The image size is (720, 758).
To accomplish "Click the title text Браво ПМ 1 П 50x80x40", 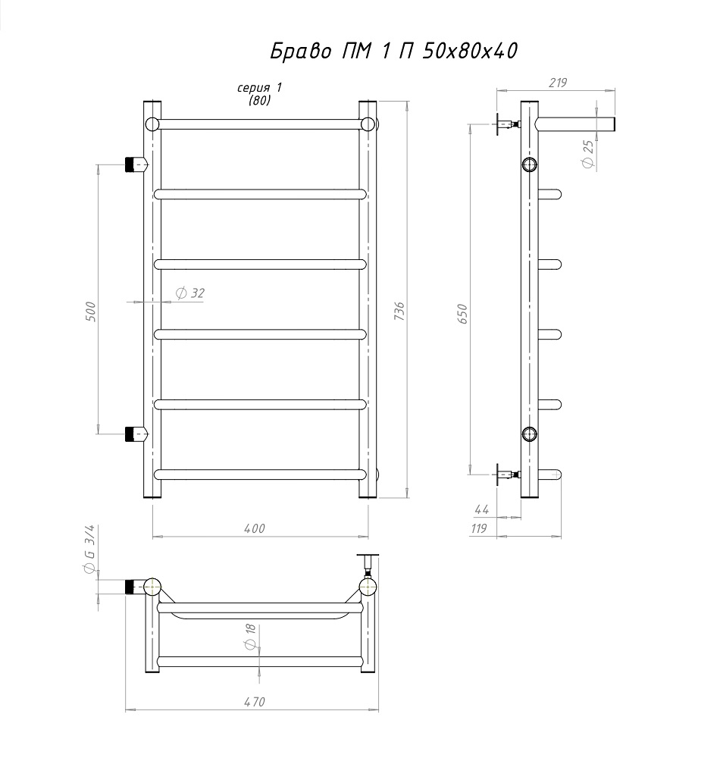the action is [393, 51].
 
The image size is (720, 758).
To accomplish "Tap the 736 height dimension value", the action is [399, 312].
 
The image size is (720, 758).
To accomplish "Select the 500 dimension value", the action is [90, 312].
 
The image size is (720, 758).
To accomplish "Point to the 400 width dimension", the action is [254, 528].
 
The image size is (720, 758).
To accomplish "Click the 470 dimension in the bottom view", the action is [254, 701].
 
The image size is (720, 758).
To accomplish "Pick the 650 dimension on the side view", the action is [462, 314].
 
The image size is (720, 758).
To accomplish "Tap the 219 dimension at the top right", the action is [558, 83].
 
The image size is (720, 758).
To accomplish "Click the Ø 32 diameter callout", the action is [190, 293].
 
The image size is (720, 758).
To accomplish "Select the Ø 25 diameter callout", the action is [587, 154].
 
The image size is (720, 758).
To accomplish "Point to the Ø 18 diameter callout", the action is [250, 637].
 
